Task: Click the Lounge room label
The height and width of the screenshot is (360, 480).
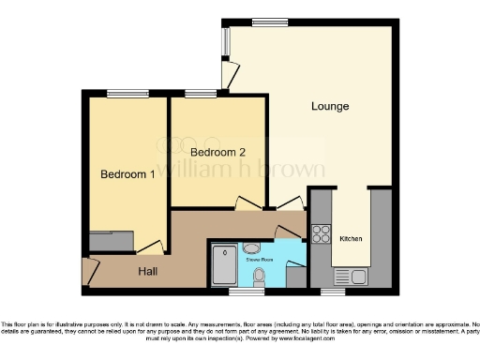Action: click(330, 106)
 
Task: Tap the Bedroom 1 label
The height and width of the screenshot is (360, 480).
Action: click(127, 174)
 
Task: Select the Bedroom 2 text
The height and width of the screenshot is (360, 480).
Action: click(217, 151)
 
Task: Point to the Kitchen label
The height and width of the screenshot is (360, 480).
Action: click(352, 238)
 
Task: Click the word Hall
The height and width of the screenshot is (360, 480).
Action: click(148, 271)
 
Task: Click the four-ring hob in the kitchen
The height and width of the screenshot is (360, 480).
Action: click(321, 232)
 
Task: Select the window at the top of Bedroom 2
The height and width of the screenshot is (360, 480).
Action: click(199, 93)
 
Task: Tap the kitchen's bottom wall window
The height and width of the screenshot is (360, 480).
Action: click(332, 292)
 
